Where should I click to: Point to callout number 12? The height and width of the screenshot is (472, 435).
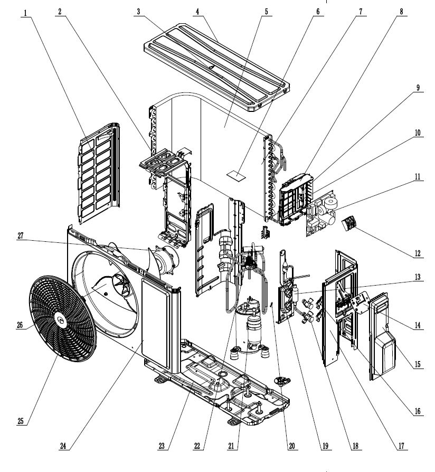coord(418,253)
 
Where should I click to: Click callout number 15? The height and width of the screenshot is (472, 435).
coord(418,364)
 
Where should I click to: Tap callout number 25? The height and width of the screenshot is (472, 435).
coord(21,420)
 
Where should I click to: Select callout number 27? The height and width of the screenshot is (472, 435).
coord(21,237)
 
